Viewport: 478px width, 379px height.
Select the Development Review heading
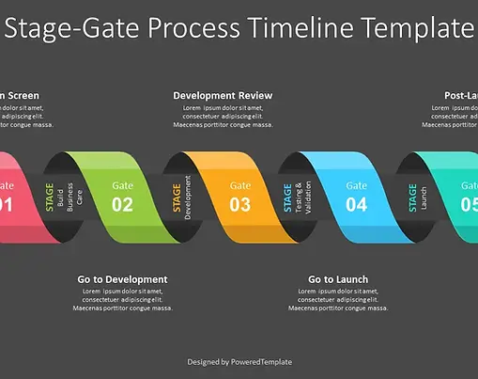[223, 95]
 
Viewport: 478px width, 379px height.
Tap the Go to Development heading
[122, 279]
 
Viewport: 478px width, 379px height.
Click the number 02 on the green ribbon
[123, 203]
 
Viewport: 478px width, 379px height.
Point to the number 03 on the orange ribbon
[240, 203]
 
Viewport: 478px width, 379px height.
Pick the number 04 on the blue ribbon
[356, 203]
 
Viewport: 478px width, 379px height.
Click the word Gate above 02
[123, 185]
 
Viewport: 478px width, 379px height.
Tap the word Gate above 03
[240, 185]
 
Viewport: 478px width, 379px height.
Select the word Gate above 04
[356, 185]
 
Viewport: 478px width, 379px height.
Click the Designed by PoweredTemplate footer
[239, 361]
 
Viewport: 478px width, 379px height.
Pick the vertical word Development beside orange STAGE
[189, 197]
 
